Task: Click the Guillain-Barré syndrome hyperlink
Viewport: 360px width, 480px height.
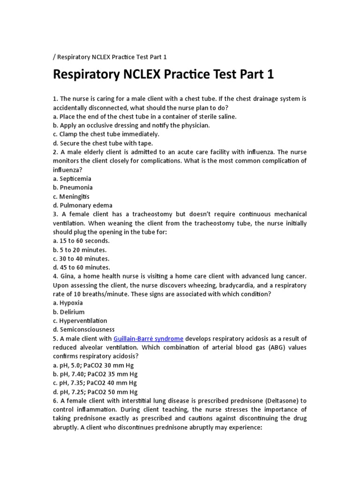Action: click(x=148, y=338)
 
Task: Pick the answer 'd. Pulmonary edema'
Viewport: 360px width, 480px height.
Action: click(x=82, y=205)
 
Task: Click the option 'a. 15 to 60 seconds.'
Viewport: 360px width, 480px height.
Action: click(x=81, y=241)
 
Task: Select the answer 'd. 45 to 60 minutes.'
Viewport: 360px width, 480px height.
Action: click(x=82, y=268)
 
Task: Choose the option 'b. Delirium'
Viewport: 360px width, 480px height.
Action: click(x=69, y=312)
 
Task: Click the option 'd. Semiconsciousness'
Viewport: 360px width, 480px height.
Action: click(x=84, y=330)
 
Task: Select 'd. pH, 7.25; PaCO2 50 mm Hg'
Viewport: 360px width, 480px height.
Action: click(x=95, y=392)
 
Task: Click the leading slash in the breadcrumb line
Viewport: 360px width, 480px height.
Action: click(x=54, y=57)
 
